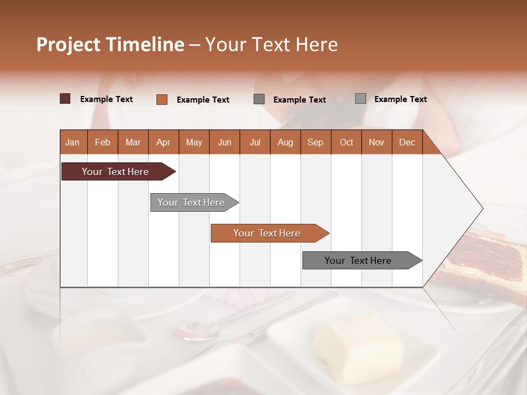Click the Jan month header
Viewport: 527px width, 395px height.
point(72,142)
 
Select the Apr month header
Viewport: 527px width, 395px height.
point(163,142)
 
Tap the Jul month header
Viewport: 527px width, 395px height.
point(255,142)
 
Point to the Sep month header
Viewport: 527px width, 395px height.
point(315,142)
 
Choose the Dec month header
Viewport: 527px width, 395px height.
point(407,142)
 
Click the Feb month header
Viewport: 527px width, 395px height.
point(103,142)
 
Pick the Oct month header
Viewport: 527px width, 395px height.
point(346,142)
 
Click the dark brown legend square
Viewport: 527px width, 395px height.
point(65,99)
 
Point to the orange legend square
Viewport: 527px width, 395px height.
point(161,99)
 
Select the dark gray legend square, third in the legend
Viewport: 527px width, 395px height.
point(259,99)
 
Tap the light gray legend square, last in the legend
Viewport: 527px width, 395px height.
point(361,99)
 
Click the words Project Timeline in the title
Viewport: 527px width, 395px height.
point(110,44)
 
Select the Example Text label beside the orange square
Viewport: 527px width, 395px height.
point(203,100)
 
